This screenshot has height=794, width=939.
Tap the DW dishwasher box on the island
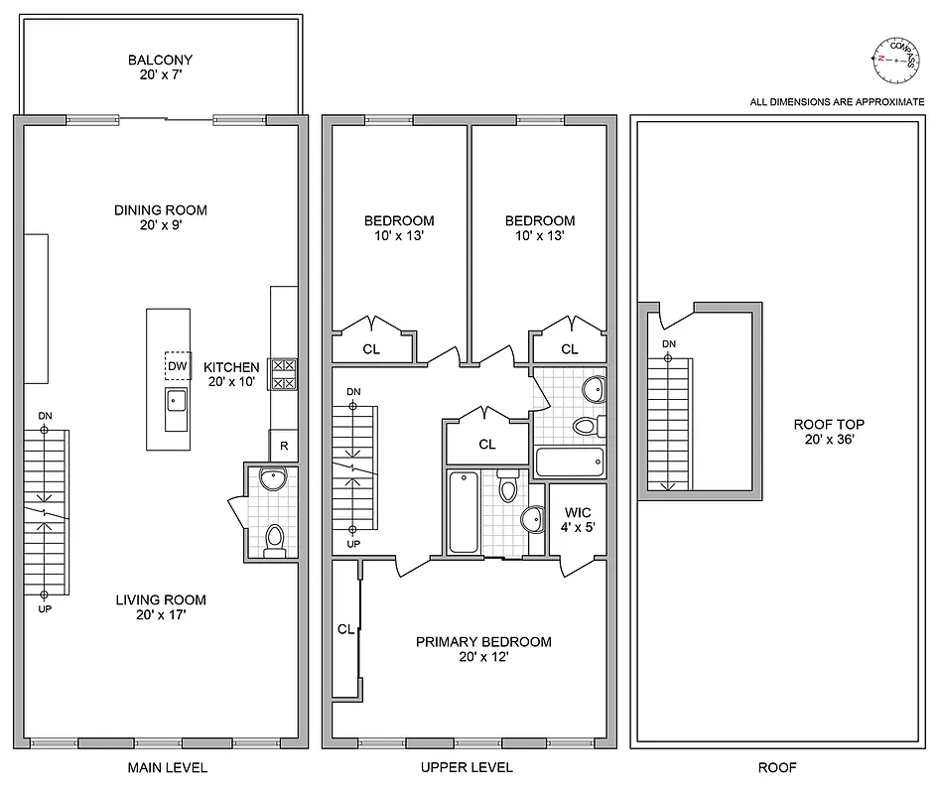click(178, 366)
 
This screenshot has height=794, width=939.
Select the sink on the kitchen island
click(176, 402)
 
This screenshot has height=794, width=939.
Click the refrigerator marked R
click(284, 446)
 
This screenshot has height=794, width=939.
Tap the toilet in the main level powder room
click(274, 537)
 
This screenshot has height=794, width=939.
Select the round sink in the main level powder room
click(273, 479)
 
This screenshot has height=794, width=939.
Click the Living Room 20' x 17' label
click(160, 607)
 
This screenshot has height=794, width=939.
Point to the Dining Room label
click(160, 217)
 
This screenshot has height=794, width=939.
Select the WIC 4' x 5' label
click(577, 520)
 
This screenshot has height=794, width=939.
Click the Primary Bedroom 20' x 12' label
click(483, 649)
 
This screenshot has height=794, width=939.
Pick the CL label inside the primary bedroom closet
click(345, 628)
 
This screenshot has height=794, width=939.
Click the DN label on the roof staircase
click(669, 344)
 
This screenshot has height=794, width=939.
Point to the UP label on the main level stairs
click(45, 608)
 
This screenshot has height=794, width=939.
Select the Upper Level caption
click(467, 767)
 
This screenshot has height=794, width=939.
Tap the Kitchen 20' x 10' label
click(232, 374)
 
